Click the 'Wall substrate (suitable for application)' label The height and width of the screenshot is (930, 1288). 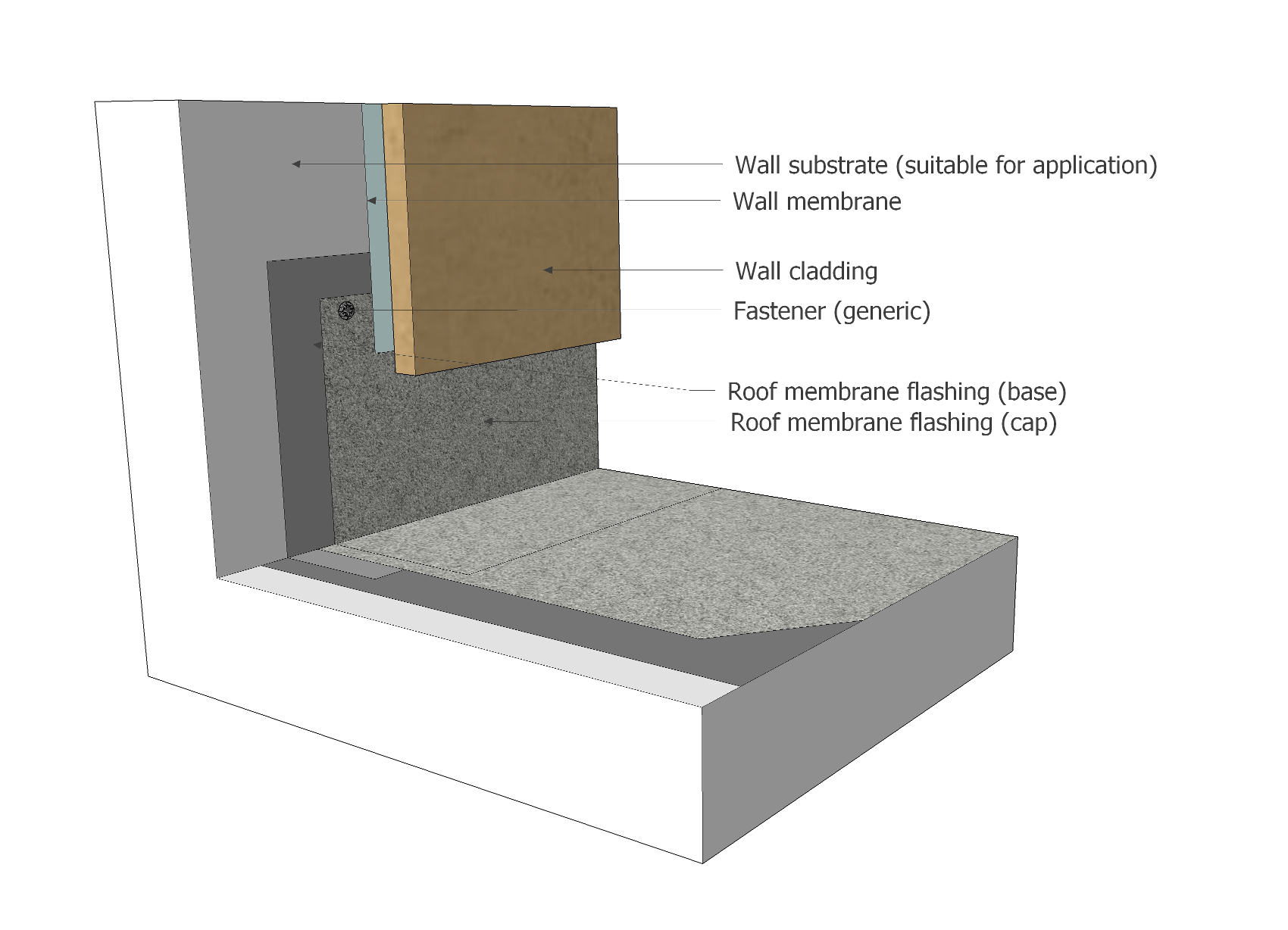(x=946, y=165)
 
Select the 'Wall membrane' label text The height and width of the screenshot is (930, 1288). (x=817, y=201)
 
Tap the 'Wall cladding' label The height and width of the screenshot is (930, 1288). (x=806, y=271)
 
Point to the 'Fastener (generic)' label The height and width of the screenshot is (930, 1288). (x=831, y=311)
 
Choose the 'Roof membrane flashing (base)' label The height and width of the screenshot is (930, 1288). (x=896, y=392)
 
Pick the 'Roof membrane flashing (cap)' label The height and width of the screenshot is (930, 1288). (x=893, y=423)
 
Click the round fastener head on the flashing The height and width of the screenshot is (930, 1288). (x=346, y=310)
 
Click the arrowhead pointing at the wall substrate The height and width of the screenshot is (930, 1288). (x=296, y=164)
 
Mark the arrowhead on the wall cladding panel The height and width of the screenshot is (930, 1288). (x=548, y=270)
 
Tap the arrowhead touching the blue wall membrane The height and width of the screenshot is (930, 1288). (x=372, y=201)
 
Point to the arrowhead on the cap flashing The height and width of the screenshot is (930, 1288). (x=489, y=421)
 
